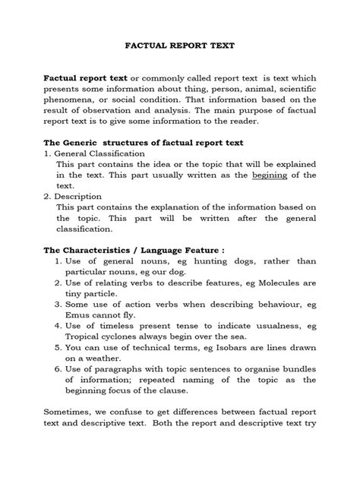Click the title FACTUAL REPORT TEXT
pos(180,46)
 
